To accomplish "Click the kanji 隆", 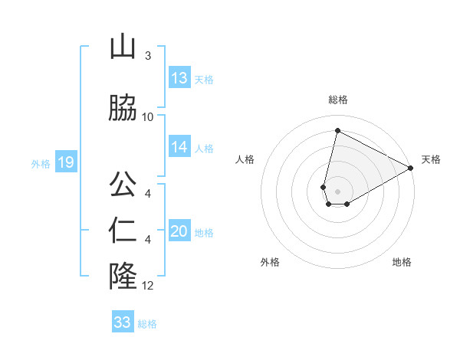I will coord(123,276).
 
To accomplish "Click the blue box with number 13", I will coord(179,78).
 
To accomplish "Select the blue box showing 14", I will coord(179,147).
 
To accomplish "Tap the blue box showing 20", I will coord(179,231).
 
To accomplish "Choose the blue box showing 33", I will coord(123,322).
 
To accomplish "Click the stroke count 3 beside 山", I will coord(147,56).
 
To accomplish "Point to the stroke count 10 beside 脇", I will coord(148,117).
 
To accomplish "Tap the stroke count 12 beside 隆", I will coord(148,286).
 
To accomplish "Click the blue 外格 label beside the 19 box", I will coord(41,163).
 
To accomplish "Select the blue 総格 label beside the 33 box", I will coord(147,323).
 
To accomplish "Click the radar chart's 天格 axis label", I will coord(431,159).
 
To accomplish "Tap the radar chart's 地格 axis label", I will coord(402,262).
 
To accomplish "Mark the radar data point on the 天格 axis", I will coord(411,168).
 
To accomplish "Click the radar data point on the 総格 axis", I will coord(337,131).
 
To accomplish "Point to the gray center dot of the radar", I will coord(337,191).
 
